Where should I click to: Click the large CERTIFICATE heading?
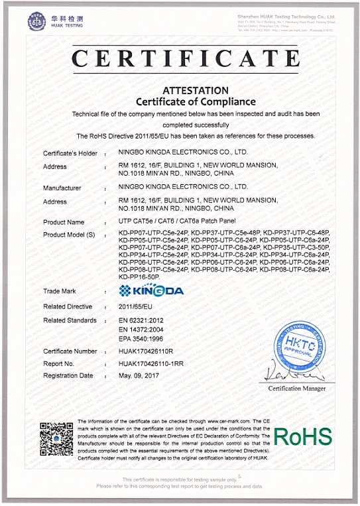(180, 58)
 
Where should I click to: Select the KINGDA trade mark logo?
(151, 290)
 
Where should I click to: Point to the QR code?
(56, 437)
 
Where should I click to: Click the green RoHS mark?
(302, 437)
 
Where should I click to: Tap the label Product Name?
(64, 222)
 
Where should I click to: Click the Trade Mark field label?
(60, 290)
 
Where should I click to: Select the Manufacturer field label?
(62, 188)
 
